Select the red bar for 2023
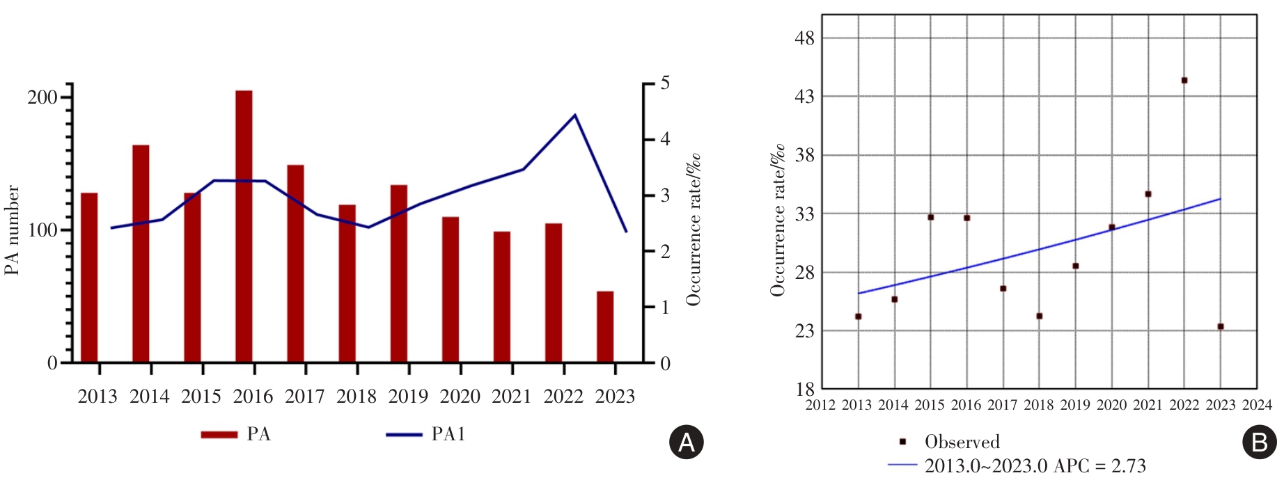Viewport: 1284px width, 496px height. click(605, 327)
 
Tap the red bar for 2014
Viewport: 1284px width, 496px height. click(141, 253)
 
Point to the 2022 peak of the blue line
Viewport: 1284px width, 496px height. click(575, 115)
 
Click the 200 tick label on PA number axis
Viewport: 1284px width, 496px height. click(42, 97)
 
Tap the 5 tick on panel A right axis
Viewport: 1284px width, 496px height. click(665, 83)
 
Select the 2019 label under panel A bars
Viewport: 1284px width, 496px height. click(408, 397)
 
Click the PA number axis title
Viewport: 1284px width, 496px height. click(13, 230)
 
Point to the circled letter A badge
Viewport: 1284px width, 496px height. click(686, 442)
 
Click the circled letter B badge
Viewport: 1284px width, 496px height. click(1260, 442)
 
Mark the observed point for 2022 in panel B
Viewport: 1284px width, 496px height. click(1184, 81)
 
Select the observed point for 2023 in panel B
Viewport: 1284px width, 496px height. click(1221, 326)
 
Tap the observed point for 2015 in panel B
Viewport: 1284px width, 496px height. click(930, 217)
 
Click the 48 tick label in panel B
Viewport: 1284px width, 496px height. click(804, 38)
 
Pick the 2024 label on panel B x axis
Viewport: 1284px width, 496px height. click(1257, 405)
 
